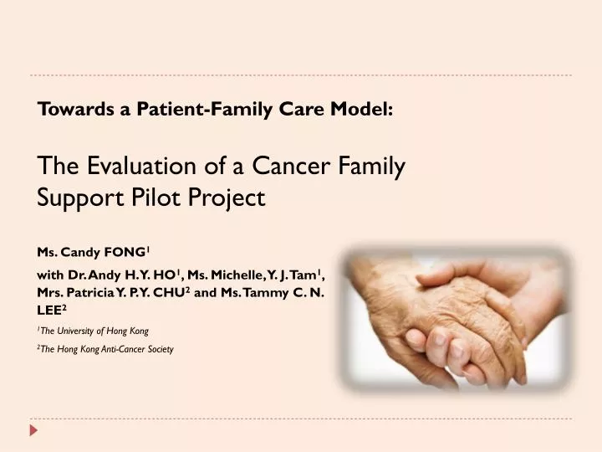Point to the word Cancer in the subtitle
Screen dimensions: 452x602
coord(289,167)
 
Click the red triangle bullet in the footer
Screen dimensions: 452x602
coord(33,429)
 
